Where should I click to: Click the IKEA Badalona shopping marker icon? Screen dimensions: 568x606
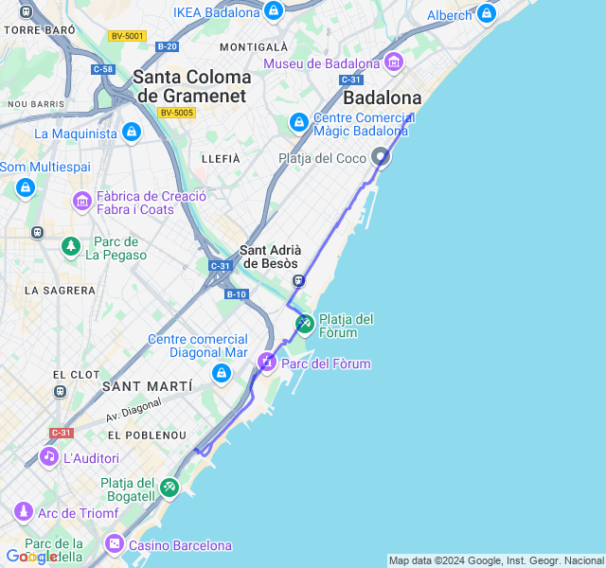tap(274, 11)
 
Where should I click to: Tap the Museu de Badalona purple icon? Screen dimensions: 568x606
tap(393, 63)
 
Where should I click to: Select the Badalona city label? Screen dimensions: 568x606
tap(382, 98)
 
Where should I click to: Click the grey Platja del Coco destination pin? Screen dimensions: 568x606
tap(381, 157)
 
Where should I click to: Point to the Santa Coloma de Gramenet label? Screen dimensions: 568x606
tap(192, 86)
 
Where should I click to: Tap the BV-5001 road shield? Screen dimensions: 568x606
tap(127, 36)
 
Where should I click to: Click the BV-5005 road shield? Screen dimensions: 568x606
tap(176, 113)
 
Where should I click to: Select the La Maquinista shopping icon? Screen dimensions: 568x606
tap(131, 133)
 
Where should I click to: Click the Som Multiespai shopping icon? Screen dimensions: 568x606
tap(25, 186)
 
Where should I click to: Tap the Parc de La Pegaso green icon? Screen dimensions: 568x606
tap(71, 247)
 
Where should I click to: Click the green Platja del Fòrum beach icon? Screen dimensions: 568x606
tap(304, 324)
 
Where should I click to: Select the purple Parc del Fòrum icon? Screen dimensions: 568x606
tap(267, 362)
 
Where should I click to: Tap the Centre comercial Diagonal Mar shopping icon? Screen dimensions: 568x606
tap(222, 373)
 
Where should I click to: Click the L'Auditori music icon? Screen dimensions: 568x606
tap(48, 457)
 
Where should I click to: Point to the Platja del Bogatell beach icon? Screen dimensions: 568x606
tap(169, 488)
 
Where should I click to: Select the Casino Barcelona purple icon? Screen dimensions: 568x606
tap(114, 544)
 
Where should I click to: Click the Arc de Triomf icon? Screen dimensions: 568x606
tap(23, 512)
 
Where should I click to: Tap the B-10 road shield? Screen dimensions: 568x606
tap(236, 294)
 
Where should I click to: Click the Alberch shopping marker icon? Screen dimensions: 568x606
tap(487, 13)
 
